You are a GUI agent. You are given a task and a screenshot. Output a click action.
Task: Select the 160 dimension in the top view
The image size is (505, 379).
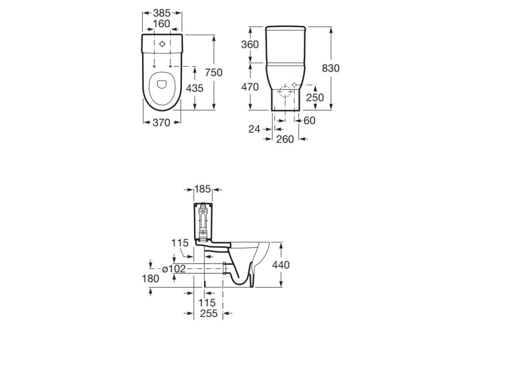161,23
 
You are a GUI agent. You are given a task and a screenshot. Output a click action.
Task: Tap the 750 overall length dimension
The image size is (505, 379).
214,73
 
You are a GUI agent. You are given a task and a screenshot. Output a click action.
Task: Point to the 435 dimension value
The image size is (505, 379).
195,88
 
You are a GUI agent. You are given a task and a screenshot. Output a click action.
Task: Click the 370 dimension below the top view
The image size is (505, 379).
161,122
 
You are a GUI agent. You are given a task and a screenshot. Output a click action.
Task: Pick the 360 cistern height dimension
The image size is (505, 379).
250,44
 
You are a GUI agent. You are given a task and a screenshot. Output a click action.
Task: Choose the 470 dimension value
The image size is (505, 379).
250,87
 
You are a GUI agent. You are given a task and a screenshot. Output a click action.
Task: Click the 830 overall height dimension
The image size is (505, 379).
330,69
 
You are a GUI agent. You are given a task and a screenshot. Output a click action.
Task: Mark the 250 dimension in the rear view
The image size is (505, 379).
315,98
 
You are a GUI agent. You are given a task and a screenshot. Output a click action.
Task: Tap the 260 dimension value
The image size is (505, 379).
285,139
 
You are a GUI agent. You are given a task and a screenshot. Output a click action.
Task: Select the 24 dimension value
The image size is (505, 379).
254,129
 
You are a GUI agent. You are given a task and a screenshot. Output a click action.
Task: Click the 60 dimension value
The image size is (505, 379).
309,120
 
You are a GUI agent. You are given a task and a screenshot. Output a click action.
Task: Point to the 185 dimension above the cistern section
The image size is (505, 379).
202,189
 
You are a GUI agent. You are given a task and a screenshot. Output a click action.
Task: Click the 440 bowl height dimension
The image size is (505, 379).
281,265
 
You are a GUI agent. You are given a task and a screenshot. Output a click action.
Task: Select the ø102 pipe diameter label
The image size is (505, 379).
174,269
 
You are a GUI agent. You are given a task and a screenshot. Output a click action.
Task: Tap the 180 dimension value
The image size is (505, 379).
150,278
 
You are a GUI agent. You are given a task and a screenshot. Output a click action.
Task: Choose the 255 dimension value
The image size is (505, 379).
209,313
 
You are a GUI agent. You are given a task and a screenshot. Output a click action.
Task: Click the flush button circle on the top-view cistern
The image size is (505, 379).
162,43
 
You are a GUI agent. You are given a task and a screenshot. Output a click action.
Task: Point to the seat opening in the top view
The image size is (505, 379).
161,85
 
